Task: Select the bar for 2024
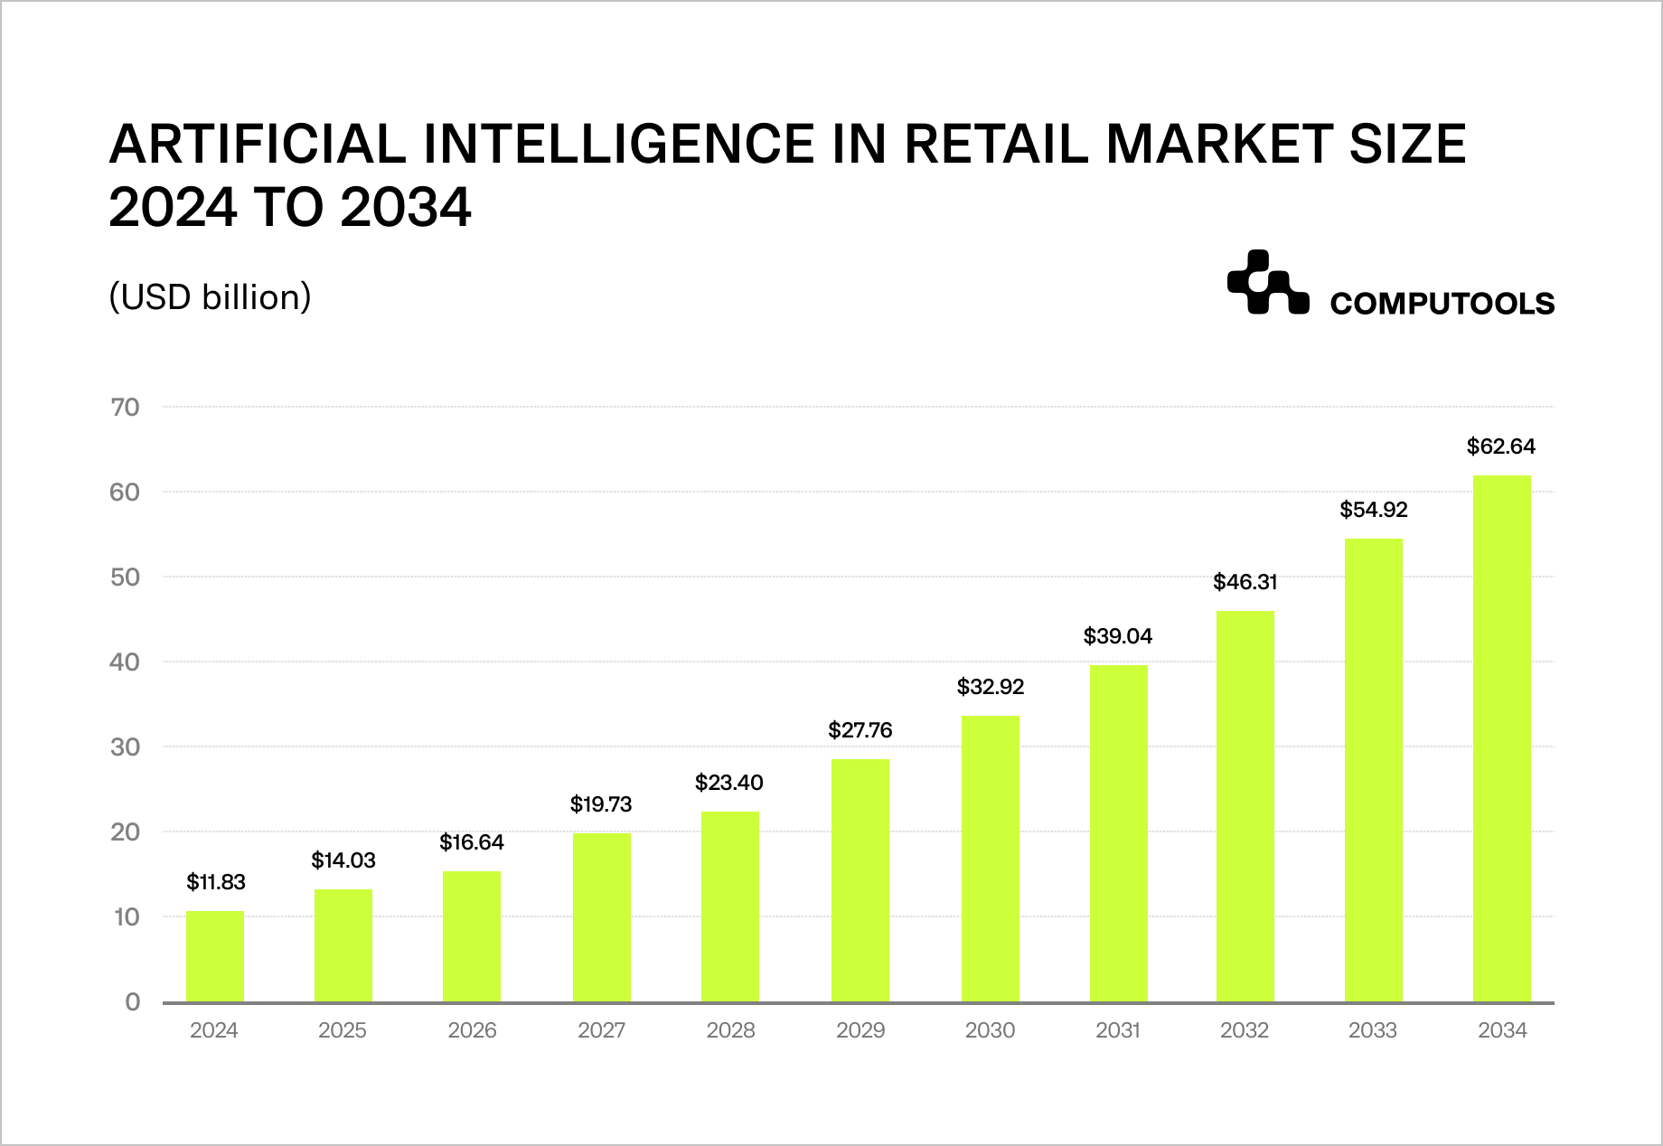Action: click(x=215, y=956)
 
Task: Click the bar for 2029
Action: click(x=860, y=880)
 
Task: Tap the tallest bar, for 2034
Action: click(x=1501, y=738)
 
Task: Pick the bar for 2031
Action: click(x=1118, y=833)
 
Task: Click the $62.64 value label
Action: click(x=1500, y=446)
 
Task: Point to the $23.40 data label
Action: click(x=728, y=783)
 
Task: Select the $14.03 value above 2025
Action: click(x=343, y=860)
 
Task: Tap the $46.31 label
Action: click(x=1245, y=582)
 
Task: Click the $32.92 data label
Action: click(x=990, y=687)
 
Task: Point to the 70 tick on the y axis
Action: click(x=126, y=408)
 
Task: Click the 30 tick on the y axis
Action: click(x=126, y=747)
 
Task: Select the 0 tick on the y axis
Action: click(x=133, y=1002)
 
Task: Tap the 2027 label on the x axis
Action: click(x=601, y=1030)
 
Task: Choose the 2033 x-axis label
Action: click(x=1372, y=1030)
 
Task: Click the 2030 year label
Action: click(x=990, y=1030)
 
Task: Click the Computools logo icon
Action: click(x=1267, y=283)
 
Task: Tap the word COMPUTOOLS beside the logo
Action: click(x=1442, y=304)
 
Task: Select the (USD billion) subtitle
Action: click(x=210, y=297)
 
